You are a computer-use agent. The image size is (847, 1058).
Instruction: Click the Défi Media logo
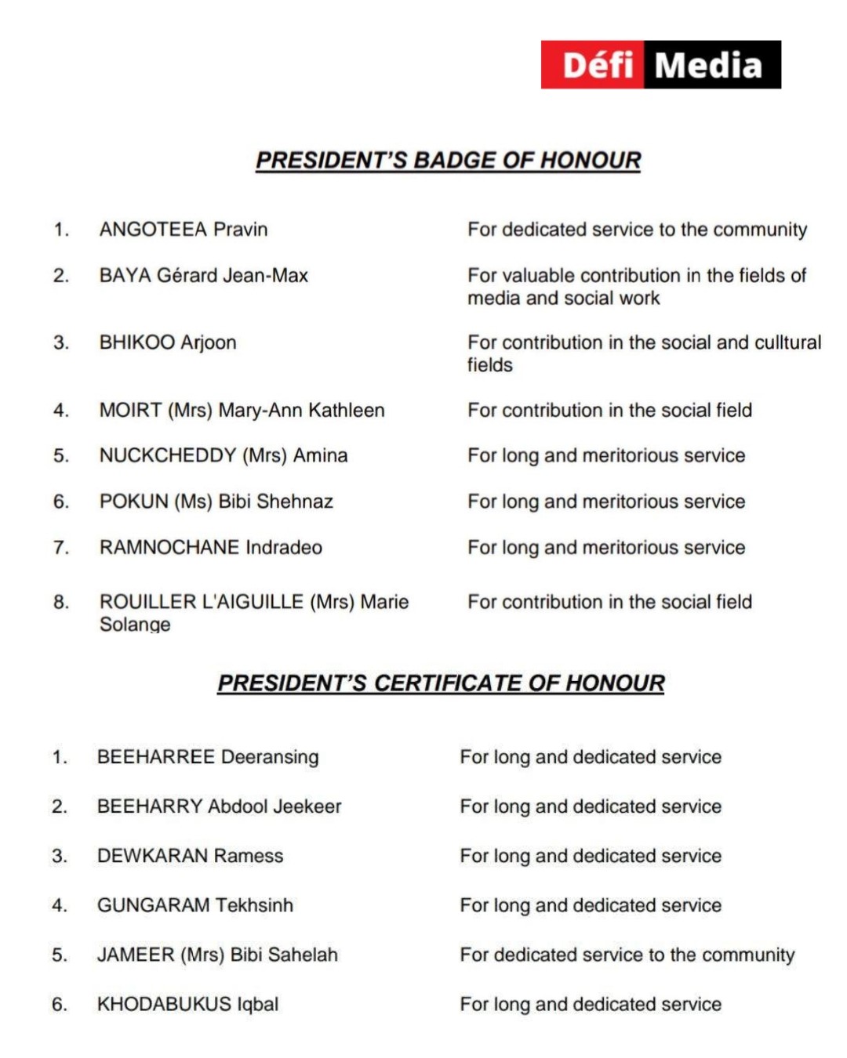(x=660, y=64)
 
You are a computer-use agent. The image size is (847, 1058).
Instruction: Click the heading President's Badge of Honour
(x=448, y=161)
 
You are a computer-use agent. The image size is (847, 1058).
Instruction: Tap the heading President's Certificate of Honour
(x=441, y=683)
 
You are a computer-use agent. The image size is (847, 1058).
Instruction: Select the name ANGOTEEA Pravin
(x=184, y=230)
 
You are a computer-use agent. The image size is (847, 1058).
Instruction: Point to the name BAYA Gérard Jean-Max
(x=203, y=276)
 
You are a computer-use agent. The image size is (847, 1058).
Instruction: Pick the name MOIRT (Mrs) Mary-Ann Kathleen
(x=242, y=411)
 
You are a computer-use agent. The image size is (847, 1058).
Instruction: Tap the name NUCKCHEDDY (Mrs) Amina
(x=223, y=456)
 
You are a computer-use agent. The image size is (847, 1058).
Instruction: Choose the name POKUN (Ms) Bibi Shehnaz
(x=216, y=502)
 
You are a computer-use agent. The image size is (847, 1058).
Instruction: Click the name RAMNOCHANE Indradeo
(x=210, y=548)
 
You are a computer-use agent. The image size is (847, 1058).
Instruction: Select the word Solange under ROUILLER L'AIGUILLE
(x=135, y=625)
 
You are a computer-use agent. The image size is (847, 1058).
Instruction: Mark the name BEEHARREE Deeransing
(x=208, y=757)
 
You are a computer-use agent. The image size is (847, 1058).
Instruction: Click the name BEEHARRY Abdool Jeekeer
(x=219, y=806)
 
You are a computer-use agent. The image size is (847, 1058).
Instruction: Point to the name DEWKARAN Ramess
(x=190, y=856)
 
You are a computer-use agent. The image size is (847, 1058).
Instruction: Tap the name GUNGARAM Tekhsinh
(x=194, y=905)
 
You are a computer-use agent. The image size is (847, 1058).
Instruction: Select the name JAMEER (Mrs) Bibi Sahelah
(x=217, y=955)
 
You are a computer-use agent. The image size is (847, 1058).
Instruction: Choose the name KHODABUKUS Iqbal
(x=187, y=1004)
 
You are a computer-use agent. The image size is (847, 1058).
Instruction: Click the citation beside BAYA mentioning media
(x=636, y=287)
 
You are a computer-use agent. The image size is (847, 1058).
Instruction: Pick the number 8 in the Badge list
(x=60, y=602)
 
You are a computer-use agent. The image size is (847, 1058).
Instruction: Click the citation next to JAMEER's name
(x=627, y=955)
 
